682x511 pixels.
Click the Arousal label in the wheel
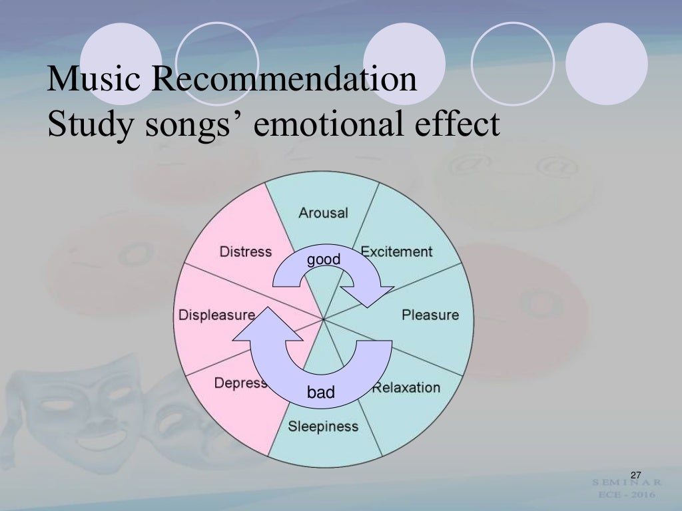(323, 213)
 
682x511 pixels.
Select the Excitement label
(396, 252)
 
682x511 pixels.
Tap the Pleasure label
(430, 315)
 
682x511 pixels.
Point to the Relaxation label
(406, 387)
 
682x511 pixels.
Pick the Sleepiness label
(323, 426)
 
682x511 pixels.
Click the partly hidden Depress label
(240, 383)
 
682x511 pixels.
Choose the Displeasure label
(216, 315)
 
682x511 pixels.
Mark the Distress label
(246, 252)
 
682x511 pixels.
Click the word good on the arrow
(324, 259)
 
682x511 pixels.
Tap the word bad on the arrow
(321, 393)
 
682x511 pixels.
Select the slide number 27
(635, 474)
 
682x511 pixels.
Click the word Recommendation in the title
(284, 79)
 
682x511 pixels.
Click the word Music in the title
(94, 79)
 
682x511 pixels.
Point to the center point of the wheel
(324, 319)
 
